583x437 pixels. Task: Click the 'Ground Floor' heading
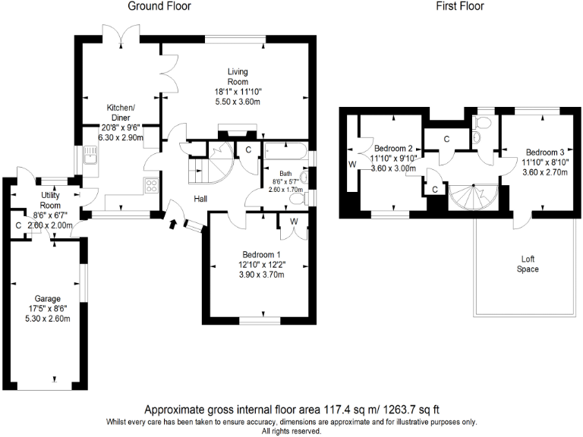159,6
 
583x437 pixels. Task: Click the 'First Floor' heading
459,6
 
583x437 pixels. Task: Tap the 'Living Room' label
238,77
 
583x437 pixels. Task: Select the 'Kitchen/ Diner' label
121,112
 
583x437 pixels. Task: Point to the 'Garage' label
46,299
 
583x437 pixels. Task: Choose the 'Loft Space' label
528,263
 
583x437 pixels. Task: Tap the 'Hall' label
201,199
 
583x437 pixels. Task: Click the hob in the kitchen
150,184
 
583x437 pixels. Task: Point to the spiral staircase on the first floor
470,196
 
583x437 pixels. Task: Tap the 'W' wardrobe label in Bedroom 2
351,163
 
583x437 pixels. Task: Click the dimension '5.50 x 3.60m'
238,101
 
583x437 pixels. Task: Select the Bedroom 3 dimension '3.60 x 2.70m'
544,172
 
